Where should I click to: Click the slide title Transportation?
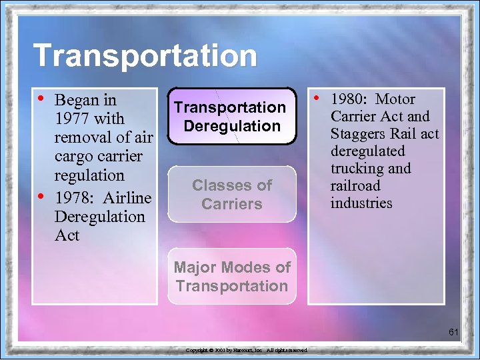pyautogui.click(x=145, y=55)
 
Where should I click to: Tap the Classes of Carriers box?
pyautogui.click(x=232, y=194)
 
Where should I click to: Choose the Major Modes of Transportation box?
pyautogui.click(x=232, y=277)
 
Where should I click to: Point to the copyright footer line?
pyautogui.click(x=246, y=350)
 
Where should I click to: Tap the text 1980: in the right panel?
pyautogui.click(x=349, y=99)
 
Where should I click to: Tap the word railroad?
pyautogui.click(x=355, y=185)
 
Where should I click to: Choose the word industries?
pyautogui.click(x=362, y=203)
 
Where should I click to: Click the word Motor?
pyautogui.click(x=395, y=99)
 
